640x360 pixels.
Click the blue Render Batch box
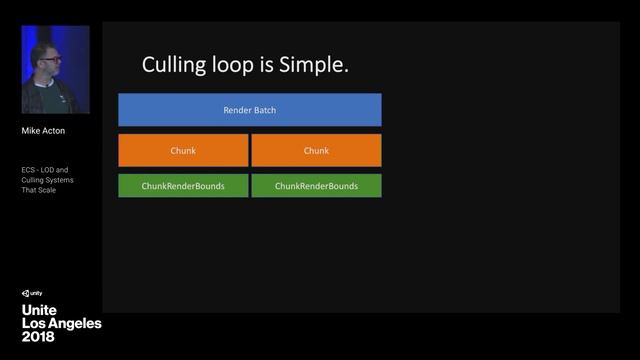249,110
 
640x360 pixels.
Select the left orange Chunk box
183,150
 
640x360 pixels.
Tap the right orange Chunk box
316,150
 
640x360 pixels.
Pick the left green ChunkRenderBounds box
183,186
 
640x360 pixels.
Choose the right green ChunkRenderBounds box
316,186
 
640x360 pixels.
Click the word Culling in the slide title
174,66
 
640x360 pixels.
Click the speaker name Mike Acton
43,130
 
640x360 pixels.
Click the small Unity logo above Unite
31,293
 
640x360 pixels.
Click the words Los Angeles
61,324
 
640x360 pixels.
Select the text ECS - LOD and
45,170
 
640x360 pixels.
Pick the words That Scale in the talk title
41,190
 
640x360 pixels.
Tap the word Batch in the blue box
263,110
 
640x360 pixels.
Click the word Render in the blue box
236,110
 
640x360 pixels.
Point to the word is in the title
267,66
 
